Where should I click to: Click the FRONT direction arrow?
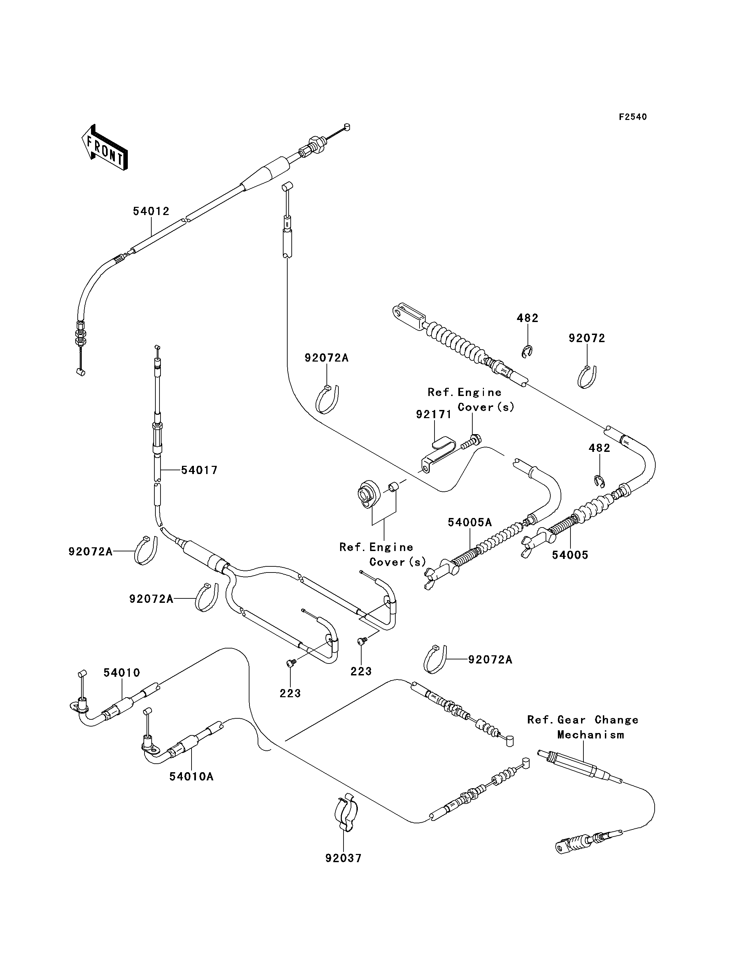105,148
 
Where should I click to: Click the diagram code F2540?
633,117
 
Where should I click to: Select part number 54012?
151,211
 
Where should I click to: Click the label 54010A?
192,777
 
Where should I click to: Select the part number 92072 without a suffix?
587,338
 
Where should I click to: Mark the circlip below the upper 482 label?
527,351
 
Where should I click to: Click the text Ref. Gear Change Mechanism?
583,728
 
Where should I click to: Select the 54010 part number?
122,673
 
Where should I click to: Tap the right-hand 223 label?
361,671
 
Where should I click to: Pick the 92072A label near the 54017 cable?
90,552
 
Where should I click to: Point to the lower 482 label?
599,448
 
